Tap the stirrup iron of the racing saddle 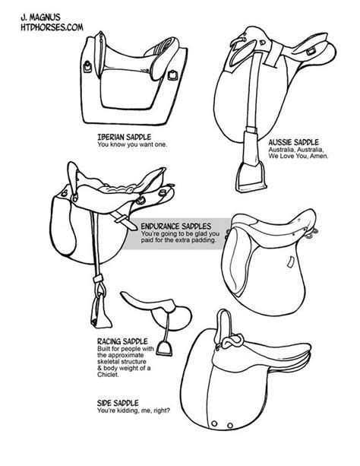(x=164, y=348)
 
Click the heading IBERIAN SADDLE (x=124, y=137)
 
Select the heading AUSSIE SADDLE (x=293, y=142)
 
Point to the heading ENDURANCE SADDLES (x=176, y=227)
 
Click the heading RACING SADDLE (x=122, y=341)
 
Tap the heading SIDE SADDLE (x=118, y=403)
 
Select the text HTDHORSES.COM (x=52, y=27)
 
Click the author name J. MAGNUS (x=40, y=17)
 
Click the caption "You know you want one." (x=132, y=144)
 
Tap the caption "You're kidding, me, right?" (x=134, y=411)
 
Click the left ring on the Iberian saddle (x=87, y=67)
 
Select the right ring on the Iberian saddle (x=172, y=74)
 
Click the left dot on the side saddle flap (x=214, y=423)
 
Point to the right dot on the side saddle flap (x=230, y=426)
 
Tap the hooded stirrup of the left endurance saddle (x=100, y=312)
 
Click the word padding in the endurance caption (x=204, y=239)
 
